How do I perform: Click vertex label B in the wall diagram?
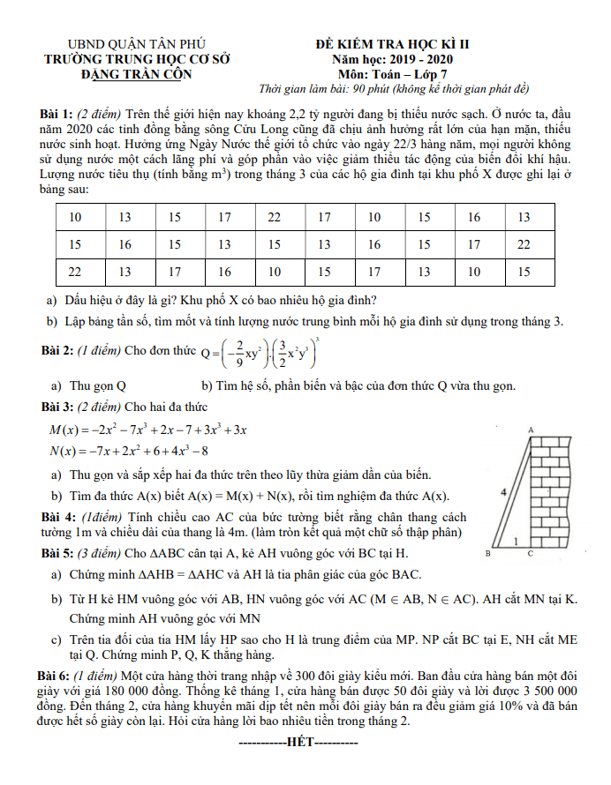(x=488, y=554)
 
